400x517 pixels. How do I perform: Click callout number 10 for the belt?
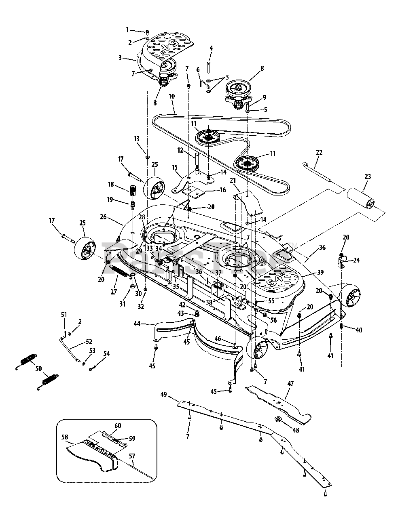click(x=171, y=108)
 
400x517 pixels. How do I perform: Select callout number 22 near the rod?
click(x=319, y=153)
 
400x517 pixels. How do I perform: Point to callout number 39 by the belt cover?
click(x=320, y=273)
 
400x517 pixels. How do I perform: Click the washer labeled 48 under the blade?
click(x=278, y=419)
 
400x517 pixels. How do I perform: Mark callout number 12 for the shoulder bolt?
click(x=181, y=150)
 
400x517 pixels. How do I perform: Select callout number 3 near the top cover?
click(x=120, y=58)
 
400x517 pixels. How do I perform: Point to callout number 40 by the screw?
click(x=359, y=330)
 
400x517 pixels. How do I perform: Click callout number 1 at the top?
click(x=127, y=29)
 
